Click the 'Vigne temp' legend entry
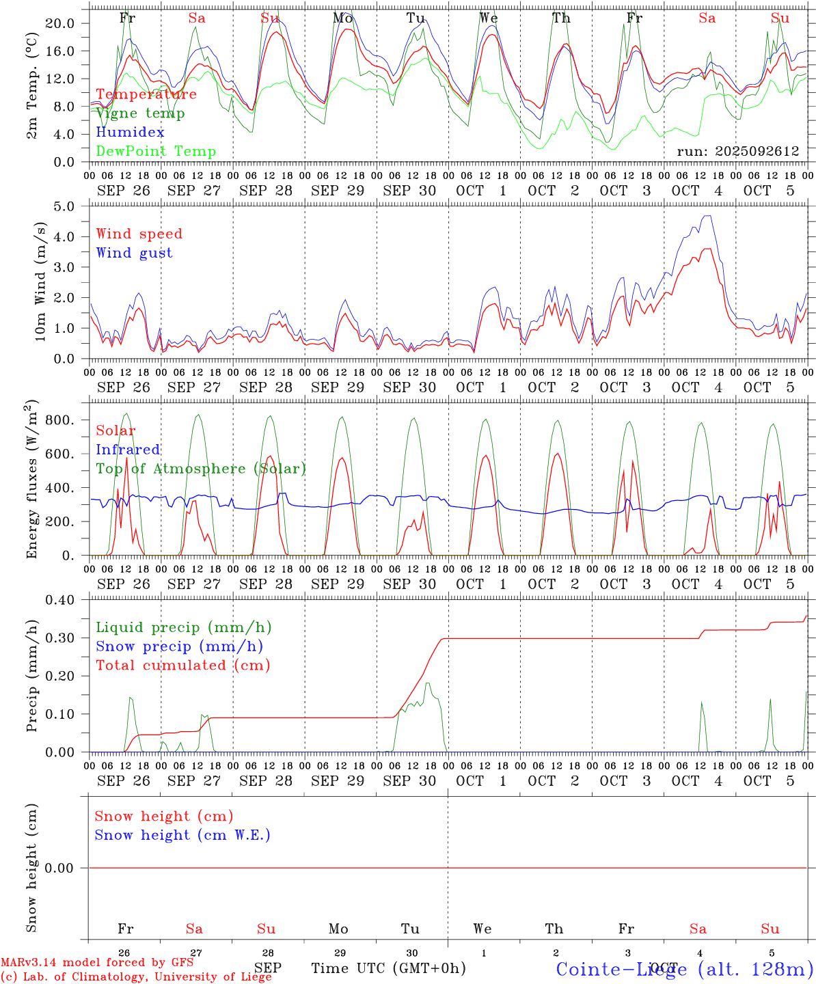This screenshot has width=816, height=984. tap(140, 113)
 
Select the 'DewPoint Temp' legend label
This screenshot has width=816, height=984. tap(156, 152)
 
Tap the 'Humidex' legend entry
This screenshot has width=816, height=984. tap(130, 133)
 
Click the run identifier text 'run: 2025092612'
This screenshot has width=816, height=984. tap(737, 152)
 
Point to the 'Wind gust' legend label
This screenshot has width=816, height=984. tap(134, 253)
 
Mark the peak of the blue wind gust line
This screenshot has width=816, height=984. tap(707, 216)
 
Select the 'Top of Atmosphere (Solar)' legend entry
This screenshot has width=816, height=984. tap(200, 469)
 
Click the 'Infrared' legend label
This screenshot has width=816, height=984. tap(128, 450)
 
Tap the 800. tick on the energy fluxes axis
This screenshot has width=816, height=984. tap(59, 420)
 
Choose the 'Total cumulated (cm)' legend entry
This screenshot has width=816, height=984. tap(182, 666)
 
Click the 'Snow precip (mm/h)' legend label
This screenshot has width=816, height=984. tap(179, 646)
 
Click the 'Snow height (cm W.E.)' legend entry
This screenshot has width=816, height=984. tap(182, 835)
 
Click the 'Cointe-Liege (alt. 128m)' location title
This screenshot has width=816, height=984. tap(684, 969)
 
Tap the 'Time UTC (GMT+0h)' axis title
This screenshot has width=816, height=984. tap(388, 968)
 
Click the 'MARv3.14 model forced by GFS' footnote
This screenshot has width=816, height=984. tap(96, 963)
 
